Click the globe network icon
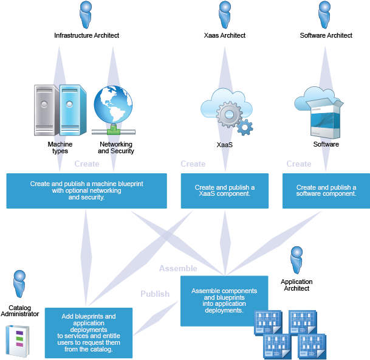113,105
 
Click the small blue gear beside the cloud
244,127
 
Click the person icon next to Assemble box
296,260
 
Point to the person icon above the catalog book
19,284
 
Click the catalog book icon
17,341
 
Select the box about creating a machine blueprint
86,191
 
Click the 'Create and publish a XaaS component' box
224,191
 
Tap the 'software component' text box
326,191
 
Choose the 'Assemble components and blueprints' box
224,300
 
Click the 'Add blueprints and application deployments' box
89,333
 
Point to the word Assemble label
178,268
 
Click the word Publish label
155,294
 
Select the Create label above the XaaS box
193,164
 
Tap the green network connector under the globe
113,131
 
